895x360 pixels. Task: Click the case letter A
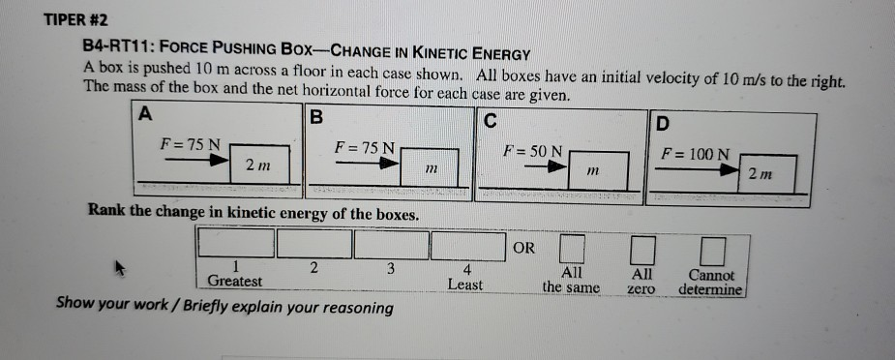pyautogui.click(x=144, y=113)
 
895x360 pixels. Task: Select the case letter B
pyautogui.click(x=315, y=119)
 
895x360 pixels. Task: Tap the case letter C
pyautogui.click(x=490, y=120)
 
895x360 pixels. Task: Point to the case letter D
pyautogui.click(x=661, y=124)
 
